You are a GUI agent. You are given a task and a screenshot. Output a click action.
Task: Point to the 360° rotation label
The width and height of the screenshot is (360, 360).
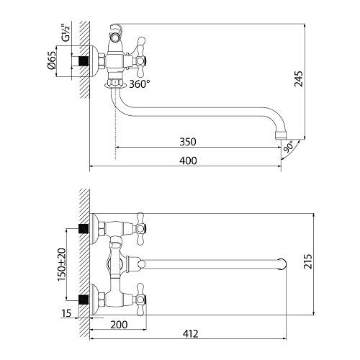(x=139, y=84)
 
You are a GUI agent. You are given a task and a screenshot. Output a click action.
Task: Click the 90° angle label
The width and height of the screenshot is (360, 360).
(x=289, y=148)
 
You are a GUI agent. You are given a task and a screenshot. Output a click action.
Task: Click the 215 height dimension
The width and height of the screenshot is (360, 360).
(x=328, y=264)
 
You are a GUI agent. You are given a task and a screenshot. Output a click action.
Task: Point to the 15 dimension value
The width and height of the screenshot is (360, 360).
(x=67, y=313)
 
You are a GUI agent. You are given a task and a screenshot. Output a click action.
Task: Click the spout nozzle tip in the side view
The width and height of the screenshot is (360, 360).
(x=282, y=134)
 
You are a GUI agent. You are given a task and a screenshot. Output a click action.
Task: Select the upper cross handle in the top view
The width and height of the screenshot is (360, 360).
(x=138, y=229)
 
